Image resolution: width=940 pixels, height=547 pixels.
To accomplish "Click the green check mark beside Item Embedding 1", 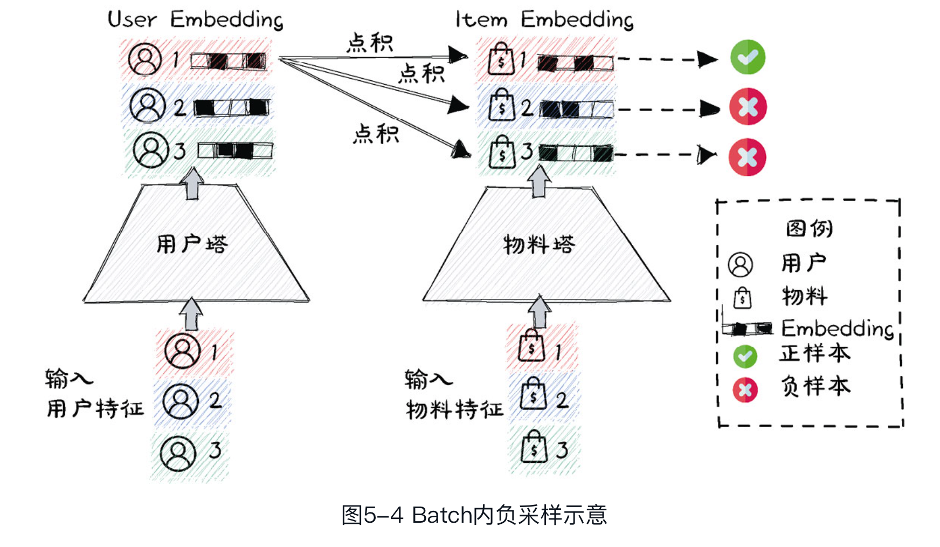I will [x=748, y=57].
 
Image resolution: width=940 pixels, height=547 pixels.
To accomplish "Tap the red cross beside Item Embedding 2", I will [x=748, y=107].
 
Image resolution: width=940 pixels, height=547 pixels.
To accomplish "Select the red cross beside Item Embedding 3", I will [x=747, y=158].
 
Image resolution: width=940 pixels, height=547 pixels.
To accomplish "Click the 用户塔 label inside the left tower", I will [x=192, y=244].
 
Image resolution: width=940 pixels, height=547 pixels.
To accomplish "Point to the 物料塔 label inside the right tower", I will [x=539, y=245].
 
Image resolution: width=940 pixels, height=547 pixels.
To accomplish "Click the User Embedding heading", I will [x=195, y=20].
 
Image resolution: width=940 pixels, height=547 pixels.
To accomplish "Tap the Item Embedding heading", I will [x=544, y=20].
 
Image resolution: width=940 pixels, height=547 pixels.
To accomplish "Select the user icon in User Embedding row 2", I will [x=148, y=105].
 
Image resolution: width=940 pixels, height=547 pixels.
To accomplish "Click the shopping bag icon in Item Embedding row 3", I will [x=502, y=152].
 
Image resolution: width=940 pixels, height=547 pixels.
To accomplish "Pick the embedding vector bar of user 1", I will [x=229, y=60].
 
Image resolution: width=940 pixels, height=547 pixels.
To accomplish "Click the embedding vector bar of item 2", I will [x=576, y=109].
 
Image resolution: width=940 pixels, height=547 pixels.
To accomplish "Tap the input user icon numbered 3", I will [x=178, y=453].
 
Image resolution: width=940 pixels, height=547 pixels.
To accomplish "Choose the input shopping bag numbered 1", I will [x=531, y=346].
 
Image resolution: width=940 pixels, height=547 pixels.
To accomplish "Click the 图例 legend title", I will [x=809, y=229].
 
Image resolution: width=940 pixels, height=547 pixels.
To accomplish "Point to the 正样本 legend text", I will [x=814, y=354].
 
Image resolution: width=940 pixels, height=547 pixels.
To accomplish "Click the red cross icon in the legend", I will [x=745, y=389].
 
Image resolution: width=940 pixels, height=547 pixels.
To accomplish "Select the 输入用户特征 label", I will [x=95, y=394].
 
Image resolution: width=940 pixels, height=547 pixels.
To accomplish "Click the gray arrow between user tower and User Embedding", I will [x=192, y=183].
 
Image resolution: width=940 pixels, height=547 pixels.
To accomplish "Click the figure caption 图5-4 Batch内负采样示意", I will [x=474, y=515].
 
